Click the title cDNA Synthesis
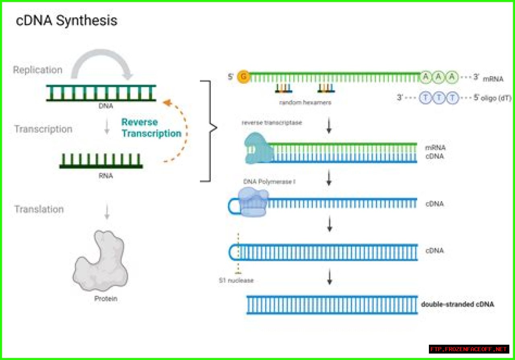tap(66, 21)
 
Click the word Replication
tap(37, 70)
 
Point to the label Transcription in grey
tap(43, 129)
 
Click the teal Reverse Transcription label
tap(151, 128)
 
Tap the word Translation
tap(39, 209)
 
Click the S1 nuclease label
tap(236, 280)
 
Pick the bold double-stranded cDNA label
tap(457, 304)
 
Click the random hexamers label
tap(305, 103)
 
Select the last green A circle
tap(453, 76)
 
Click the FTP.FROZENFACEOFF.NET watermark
tap(469, 349)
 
